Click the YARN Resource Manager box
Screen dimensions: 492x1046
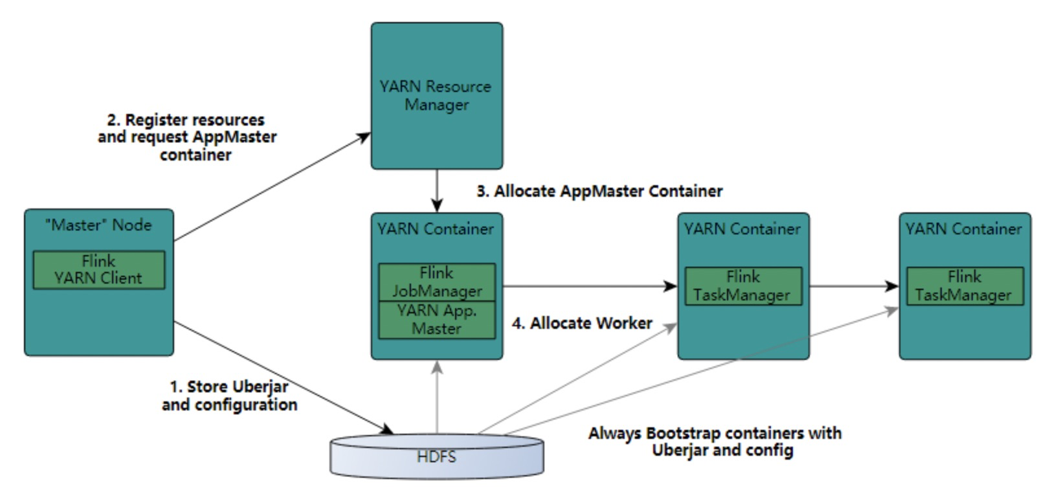pyautogui.click(x=437, y=96)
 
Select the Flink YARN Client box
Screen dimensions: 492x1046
pyautogui.click(x=98, y=270)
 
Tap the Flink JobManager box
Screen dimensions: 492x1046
pyautogui.click(x=437, y=282)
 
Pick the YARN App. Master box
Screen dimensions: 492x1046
pyautogui.click(x=437, y=320)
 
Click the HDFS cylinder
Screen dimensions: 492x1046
pyautogui.click(x=437, y=456)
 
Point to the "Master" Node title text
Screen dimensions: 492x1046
pyautogui.click(x=98, y=225)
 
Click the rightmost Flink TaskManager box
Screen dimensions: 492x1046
pyautogui.click(x=964, y=286)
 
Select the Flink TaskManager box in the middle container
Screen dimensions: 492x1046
pyautogui.click(x=743, y=286)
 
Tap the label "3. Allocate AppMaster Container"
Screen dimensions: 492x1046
pyautogui.click(x=599, y=191)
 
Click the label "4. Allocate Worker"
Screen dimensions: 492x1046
pyautogui.click(x=582, y=323)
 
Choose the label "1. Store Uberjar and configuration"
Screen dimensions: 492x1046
pyautogui.click(x=229, y=396)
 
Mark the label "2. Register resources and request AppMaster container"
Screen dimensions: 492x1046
pyautogui.click(x=187, y=137)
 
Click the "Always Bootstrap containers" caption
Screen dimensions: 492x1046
pyautogui.click(x=715, y=441)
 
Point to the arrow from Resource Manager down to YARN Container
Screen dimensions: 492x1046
pyautogui.click(x=438, y=190)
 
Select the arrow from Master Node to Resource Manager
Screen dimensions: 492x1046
pyautogui.click(x=272, y=188)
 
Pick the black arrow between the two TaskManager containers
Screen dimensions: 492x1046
pyautogui.click(x=853, y=286)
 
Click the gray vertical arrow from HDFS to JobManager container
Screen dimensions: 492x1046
pyautogui.click(x=438, y=398)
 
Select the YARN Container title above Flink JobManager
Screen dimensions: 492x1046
pyautogui.click(x=436, y=229)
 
